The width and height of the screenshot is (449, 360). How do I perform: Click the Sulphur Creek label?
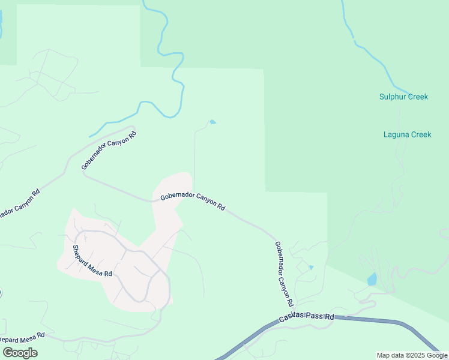point(403,97)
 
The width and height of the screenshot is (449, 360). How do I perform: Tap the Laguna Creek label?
point(407,134)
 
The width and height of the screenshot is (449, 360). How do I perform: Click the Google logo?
point(20,353)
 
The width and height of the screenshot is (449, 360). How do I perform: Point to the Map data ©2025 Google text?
point(412,355)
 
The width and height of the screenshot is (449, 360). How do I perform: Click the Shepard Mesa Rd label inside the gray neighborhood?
point(92,261)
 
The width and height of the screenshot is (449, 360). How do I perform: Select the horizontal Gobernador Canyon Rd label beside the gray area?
point(192,202)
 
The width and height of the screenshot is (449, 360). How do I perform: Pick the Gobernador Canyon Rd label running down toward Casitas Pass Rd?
point(283,271)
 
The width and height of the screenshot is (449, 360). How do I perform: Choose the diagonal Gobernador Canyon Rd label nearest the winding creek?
point(109,149)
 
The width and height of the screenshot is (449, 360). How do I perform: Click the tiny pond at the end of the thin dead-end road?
point(212,122)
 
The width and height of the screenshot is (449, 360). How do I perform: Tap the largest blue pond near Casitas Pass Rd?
point(372,279)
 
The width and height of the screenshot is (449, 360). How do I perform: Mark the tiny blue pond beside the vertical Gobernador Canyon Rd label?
point(310,267)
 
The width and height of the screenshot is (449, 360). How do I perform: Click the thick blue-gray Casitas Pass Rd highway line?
point(372,321)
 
